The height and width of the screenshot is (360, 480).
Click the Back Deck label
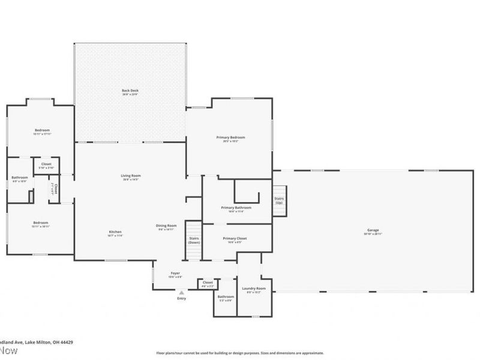130,90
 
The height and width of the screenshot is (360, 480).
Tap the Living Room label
131,175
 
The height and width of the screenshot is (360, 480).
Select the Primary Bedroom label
230,137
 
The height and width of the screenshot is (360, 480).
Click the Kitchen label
115,232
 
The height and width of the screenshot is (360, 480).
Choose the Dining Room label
167,226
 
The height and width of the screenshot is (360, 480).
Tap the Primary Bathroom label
235,208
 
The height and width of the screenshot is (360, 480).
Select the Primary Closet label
235,238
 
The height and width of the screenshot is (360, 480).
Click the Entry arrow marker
181,292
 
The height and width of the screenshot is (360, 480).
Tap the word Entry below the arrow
181,299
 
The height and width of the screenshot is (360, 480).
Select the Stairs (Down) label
194,240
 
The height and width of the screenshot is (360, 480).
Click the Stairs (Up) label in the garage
279,200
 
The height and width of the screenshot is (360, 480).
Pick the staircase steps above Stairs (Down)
193,229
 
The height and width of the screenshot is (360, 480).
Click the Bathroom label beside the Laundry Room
226,296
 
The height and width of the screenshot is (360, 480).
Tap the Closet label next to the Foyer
208,282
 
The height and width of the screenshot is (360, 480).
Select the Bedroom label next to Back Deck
41,130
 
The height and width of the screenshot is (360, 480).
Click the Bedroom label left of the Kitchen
40,223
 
